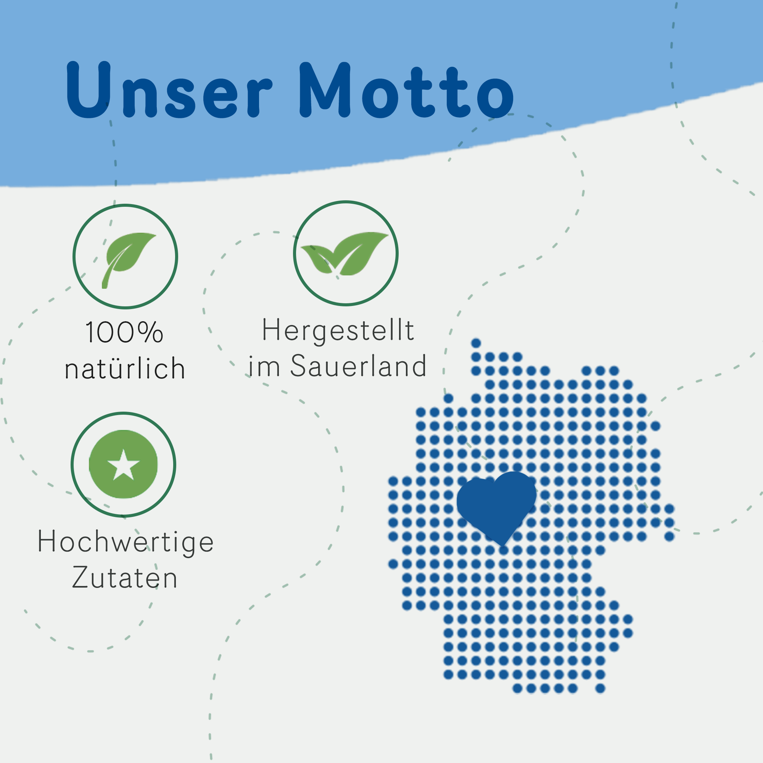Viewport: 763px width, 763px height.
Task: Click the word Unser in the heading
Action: [x=169, y=90]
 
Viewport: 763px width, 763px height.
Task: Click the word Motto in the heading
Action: [x=407, y=90]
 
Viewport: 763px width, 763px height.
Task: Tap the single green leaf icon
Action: [x=128, y=260]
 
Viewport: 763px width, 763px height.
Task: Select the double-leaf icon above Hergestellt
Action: [x=344, y=254]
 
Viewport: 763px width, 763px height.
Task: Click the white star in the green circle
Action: [x=124, y=465]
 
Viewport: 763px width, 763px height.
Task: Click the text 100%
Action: [x=124, y=332]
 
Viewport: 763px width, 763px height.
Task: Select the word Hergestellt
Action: [x=338, y=330]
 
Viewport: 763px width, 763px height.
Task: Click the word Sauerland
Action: [x=359, y=366]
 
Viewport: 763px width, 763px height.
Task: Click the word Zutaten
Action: [x=125, y=577]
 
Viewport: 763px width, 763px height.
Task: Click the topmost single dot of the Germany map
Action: [x=476, y=343]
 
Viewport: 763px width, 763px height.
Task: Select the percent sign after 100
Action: [x=151, y=332]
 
